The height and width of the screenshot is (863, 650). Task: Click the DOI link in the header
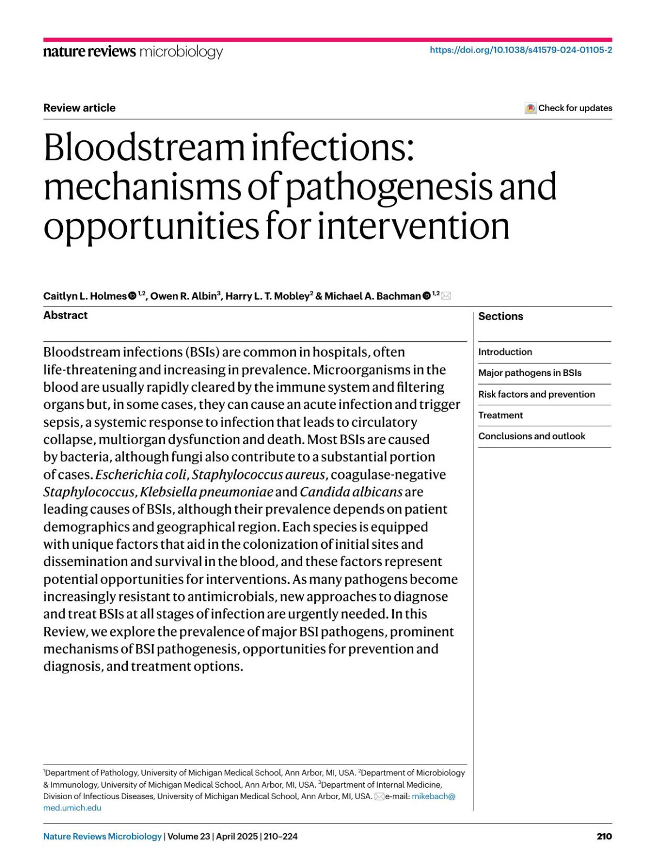pyautogui.click(x=521, y=50)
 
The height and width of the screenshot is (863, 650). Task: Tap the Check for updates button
pyautogui.click(x=568, y=108)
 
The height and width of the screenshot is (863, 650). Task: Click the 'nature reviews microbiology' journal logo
pyautogui.click(x=133, y=51)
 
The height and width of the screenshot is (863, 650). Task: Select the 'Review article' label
pyautogui.click(x=79, y=108)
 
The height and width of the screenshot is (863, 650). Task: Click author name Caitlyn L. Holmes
pyautogui.click(x=84, y=296)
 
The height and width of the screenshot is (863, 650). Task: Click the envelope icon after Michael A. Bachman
pyautogui.click(x=446, y=296)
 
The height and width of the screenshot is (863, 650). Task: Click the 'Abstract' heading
pyautogui.click(x=65, y=315)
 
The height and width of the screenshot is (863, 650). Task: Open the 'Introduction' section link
pyautogui.click(x=505, y=352)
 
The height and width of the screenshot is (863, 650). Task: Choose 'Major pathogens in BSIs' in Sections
pyautogui.click(x=529, y=373)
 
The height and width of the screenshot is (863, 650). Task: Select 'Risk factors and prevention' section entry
pyautogui.click(x=536, y=394)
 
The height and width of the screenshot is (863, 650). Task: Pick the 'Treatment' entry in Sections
pyautogui.click(x=500, y=416)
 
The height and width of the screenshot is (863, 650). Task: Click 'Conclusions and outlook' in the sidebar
pyautogui.click(x=531, y=436)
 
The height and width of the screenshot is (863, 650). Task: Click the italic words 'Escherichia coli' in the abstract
pyautogui.click(x=141, y=475)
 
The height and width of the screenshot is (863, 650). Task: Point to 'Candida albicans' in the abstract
pyautogui.click(x=351, y=492)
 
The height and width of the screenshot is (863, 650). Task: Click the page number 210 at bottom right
pyautogui.click(x=604, y=836)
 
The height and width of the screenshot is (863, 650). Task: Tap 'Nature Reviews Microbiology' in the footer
pyautogui.click(x=102, y=836)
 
